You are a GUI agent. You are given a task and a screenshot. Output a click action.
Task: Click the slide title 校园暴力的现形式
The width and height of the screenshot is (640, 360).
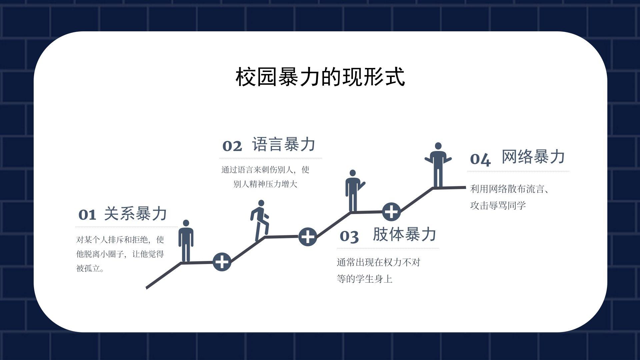(320, 77)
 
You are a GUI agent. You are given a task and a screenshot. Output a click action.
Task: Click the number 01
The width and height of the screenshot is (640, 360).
(87, 215)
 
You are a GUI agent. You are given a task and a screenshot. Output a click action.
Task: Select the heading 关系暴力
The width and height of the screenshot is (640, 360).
(135, 214)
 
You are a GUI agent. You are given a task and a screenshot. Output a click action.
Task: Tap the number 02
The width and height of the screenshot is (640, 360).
(232, 146)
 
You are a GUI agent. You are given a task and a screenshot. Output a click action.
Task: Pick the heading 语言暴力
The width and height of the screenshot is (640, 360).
(284, 145)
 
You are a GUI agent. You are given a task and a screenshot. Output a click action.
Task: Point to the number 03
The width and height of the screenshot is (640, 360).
(349, 236)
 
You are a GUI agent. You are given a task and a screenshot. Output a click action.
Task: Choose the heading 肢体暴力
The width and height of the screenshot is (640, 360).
(404, 234)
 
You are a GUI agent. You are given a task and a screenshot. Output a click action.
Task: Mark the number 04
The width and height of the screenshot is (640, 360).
(480, 159)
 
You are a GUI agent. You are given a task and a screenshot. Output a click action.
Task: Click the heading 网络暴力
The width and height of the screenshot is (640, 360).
(533, 157)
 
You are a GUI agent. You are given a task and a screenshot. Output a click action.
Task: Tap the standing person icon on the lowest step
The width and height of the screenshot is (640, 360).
(186, 241)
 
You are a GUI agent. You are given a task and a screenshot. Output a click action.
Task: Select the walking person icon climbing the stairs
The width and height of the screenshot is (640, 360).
(260, 220)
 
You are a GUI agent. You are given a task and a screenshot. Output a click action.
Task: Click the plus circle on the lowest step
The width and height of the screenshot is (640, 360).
(222, 262)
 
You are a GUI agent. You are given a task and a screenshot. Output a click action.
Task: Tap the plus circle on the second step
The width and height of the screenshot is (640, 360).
(307, 237)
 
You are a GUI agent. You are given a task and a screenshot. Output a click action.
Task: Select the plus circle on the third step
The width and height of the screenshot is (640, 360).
(391, 212)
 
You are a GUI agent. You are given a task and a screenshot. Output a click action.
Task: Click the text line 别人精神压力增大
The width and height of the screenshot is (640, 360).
(265, 184)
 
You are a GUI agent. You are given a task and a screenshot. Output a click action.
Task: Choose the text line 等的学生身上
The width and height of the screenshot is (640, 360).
(364, 279)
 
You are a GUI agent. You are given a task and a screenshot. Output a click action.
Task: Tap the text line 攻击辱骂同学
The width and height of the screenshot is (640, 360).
(498, 205)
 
